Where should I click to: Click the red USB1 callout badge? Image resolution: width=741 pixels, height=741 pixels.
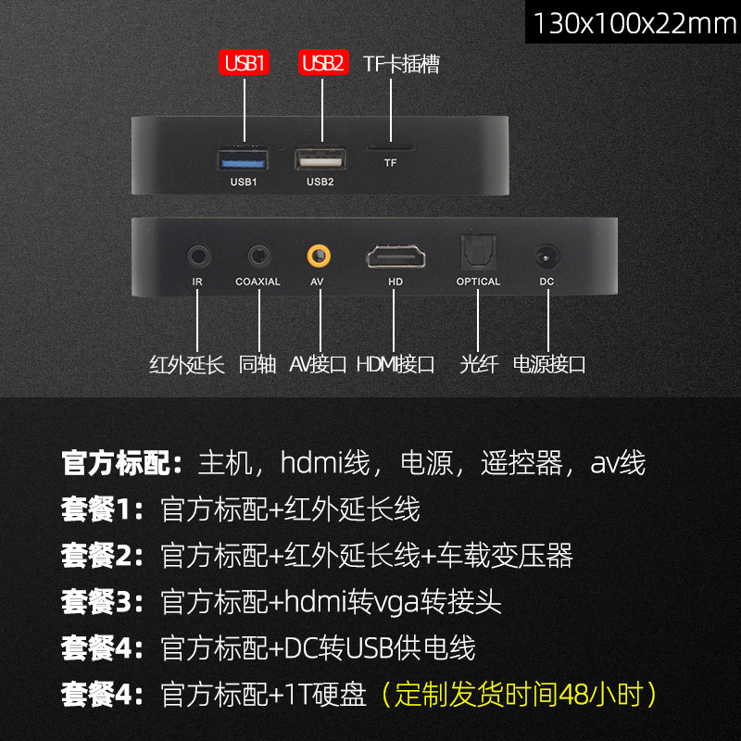pyautogui.click(x=245, y=63)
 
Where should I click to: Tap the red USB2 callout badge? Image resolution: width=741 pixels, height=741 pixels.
pyautogui.click(x=322, y=63)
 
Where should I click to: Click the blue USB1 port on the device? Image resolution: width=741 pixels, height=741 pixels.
pyautogui.click(x=244, y=159)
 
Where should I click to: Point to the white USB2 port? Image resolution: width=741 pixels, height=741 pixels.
pyautogui.click(x=320, y=159)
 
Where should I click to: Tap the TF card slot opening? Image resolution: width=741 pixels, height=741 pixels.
pyautogui.click(x=391, y=147)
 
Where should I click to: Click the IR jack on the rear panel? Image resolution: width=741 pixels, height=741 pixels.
pyautogui.click(x=197, y=255)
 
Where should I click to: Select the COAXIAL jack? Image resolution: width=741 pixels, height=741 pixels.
pyautogui.click(x=258, y=255)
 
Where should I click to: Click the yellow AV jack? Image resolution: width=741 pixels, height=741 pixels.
pyautogui.click(x=320, y=254)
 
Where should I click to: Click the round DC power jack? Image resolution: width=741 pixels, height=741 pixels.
pyautogui.click(x=546, y=255)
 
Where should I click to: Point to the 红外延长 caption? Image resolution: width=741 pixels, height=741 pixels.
pyautogui.click(x=187, y=364)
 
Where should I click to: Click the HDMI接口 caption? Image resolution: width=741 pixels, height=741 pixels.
pyautogui.click(x=396, y=364)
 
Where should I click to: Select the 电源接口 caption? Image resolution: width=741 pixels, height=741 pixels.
pyautogui.click(x=549, y=364)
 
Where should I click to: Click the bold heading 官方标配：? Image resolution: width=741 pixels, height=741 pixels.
pyautogui.click(x=124, y=461)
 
